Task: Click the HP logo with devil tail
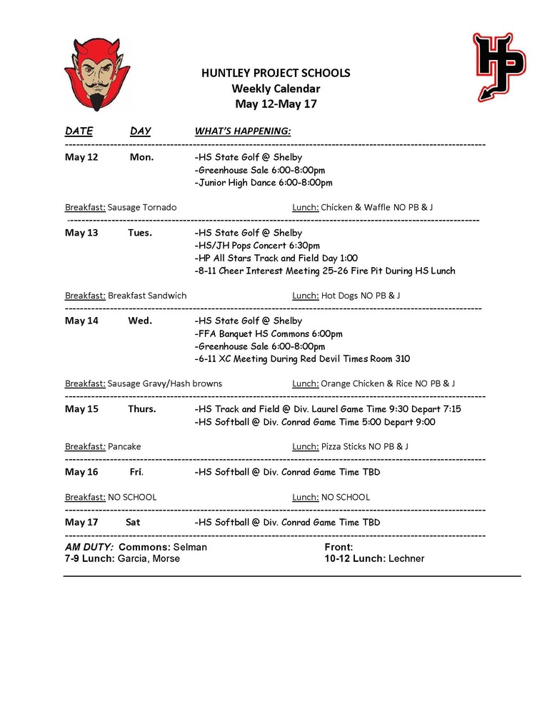click(x=498, y=66)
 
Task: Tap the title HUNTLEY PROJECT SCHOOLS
click(x=275, y=74)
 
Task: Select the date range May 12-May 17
click(x=275, y=104)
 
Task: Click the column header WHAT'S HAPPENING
click(x=242, y=131)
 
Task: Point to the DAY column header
click(x=140, y=131)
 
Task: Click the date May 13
click(x=81, y=233)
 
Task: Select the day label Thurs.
click(x=141, y=409)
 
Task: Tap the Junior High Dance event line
click(x=263, y=183)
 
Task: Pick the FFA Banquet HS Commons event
click(x=268, y=333)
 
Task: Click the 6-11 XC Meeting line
click(x=301, y=359)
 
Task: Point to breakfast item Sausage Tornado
click(x=141, y=207)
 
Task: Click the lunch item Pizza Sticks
click(x=343, y=446)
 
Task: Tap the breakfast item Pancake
click(x=124, y=446)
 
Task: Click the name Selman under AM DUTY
click(x=190, y=547)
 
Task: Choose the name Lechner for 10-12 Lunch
click(x=406, y=558)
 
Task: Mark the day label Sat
click(x=133, y=522)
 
